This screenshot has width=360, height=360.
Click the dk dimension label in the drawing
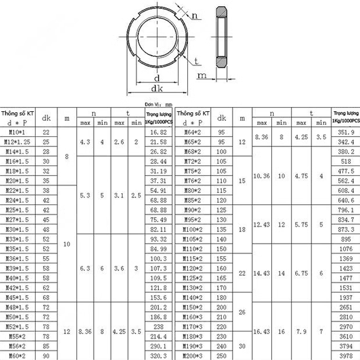[156, 88]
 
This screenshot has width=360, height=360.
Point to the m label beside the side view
[202, 75]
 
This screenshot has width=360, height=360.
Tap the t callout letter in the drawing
[197, 61]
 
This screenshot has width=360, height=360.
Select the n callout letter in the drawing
[195, 16]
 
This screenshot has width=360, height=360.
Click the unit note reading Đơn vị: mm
[157, 104]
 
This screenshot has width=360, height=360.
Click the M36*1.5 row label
[18, 258]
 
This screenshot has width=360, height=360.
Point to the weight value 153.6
[158, 298]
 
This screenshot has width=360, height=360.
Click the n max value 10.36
[262, 176]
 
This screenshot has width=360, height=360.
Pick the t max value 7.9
[301, 331]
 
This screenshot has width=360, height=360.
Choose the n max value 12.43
[262, 224]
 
